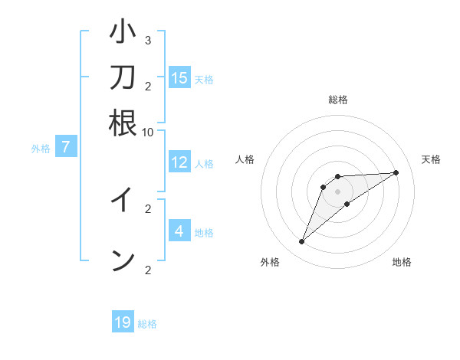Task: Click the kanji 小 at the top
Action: click(x=123, y=33)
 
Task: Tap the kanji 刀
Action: click(x=123, y=77)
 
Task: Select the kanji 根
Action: click(x=123, y=122)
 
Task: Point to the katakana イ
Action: click(x=123, y=200)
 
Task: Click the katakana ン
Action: click(x=123, y=260)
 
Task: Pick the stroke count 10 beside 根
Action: click(x=148, y=132)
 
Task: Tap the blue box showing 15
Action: click(x=179, y=77)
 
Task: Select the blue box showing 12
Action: click(x=179, y=162)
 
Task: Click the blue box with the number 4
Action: click(x=179, y=231)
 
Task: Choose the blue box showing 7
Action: click(x=66, y=147)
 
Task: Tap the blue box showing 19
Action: click(x=123, y=322)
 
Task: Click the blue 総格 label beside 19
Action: click(x=147, y=324)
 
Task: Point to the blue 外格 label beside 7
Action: click(x=41, y=149)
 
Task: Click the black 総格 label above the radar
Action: click(x=338, y=100)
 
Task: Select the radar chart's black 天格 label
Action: click(x=432, y=159)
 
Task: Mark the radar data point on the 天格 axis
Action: click(x=396, y=172)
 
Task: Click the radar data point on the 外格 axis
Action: click(x=302, y=242)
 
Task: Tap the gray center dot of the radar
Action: click(x=338, y=191)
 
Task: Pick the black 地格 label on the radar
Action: click(x=402, y=262)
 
